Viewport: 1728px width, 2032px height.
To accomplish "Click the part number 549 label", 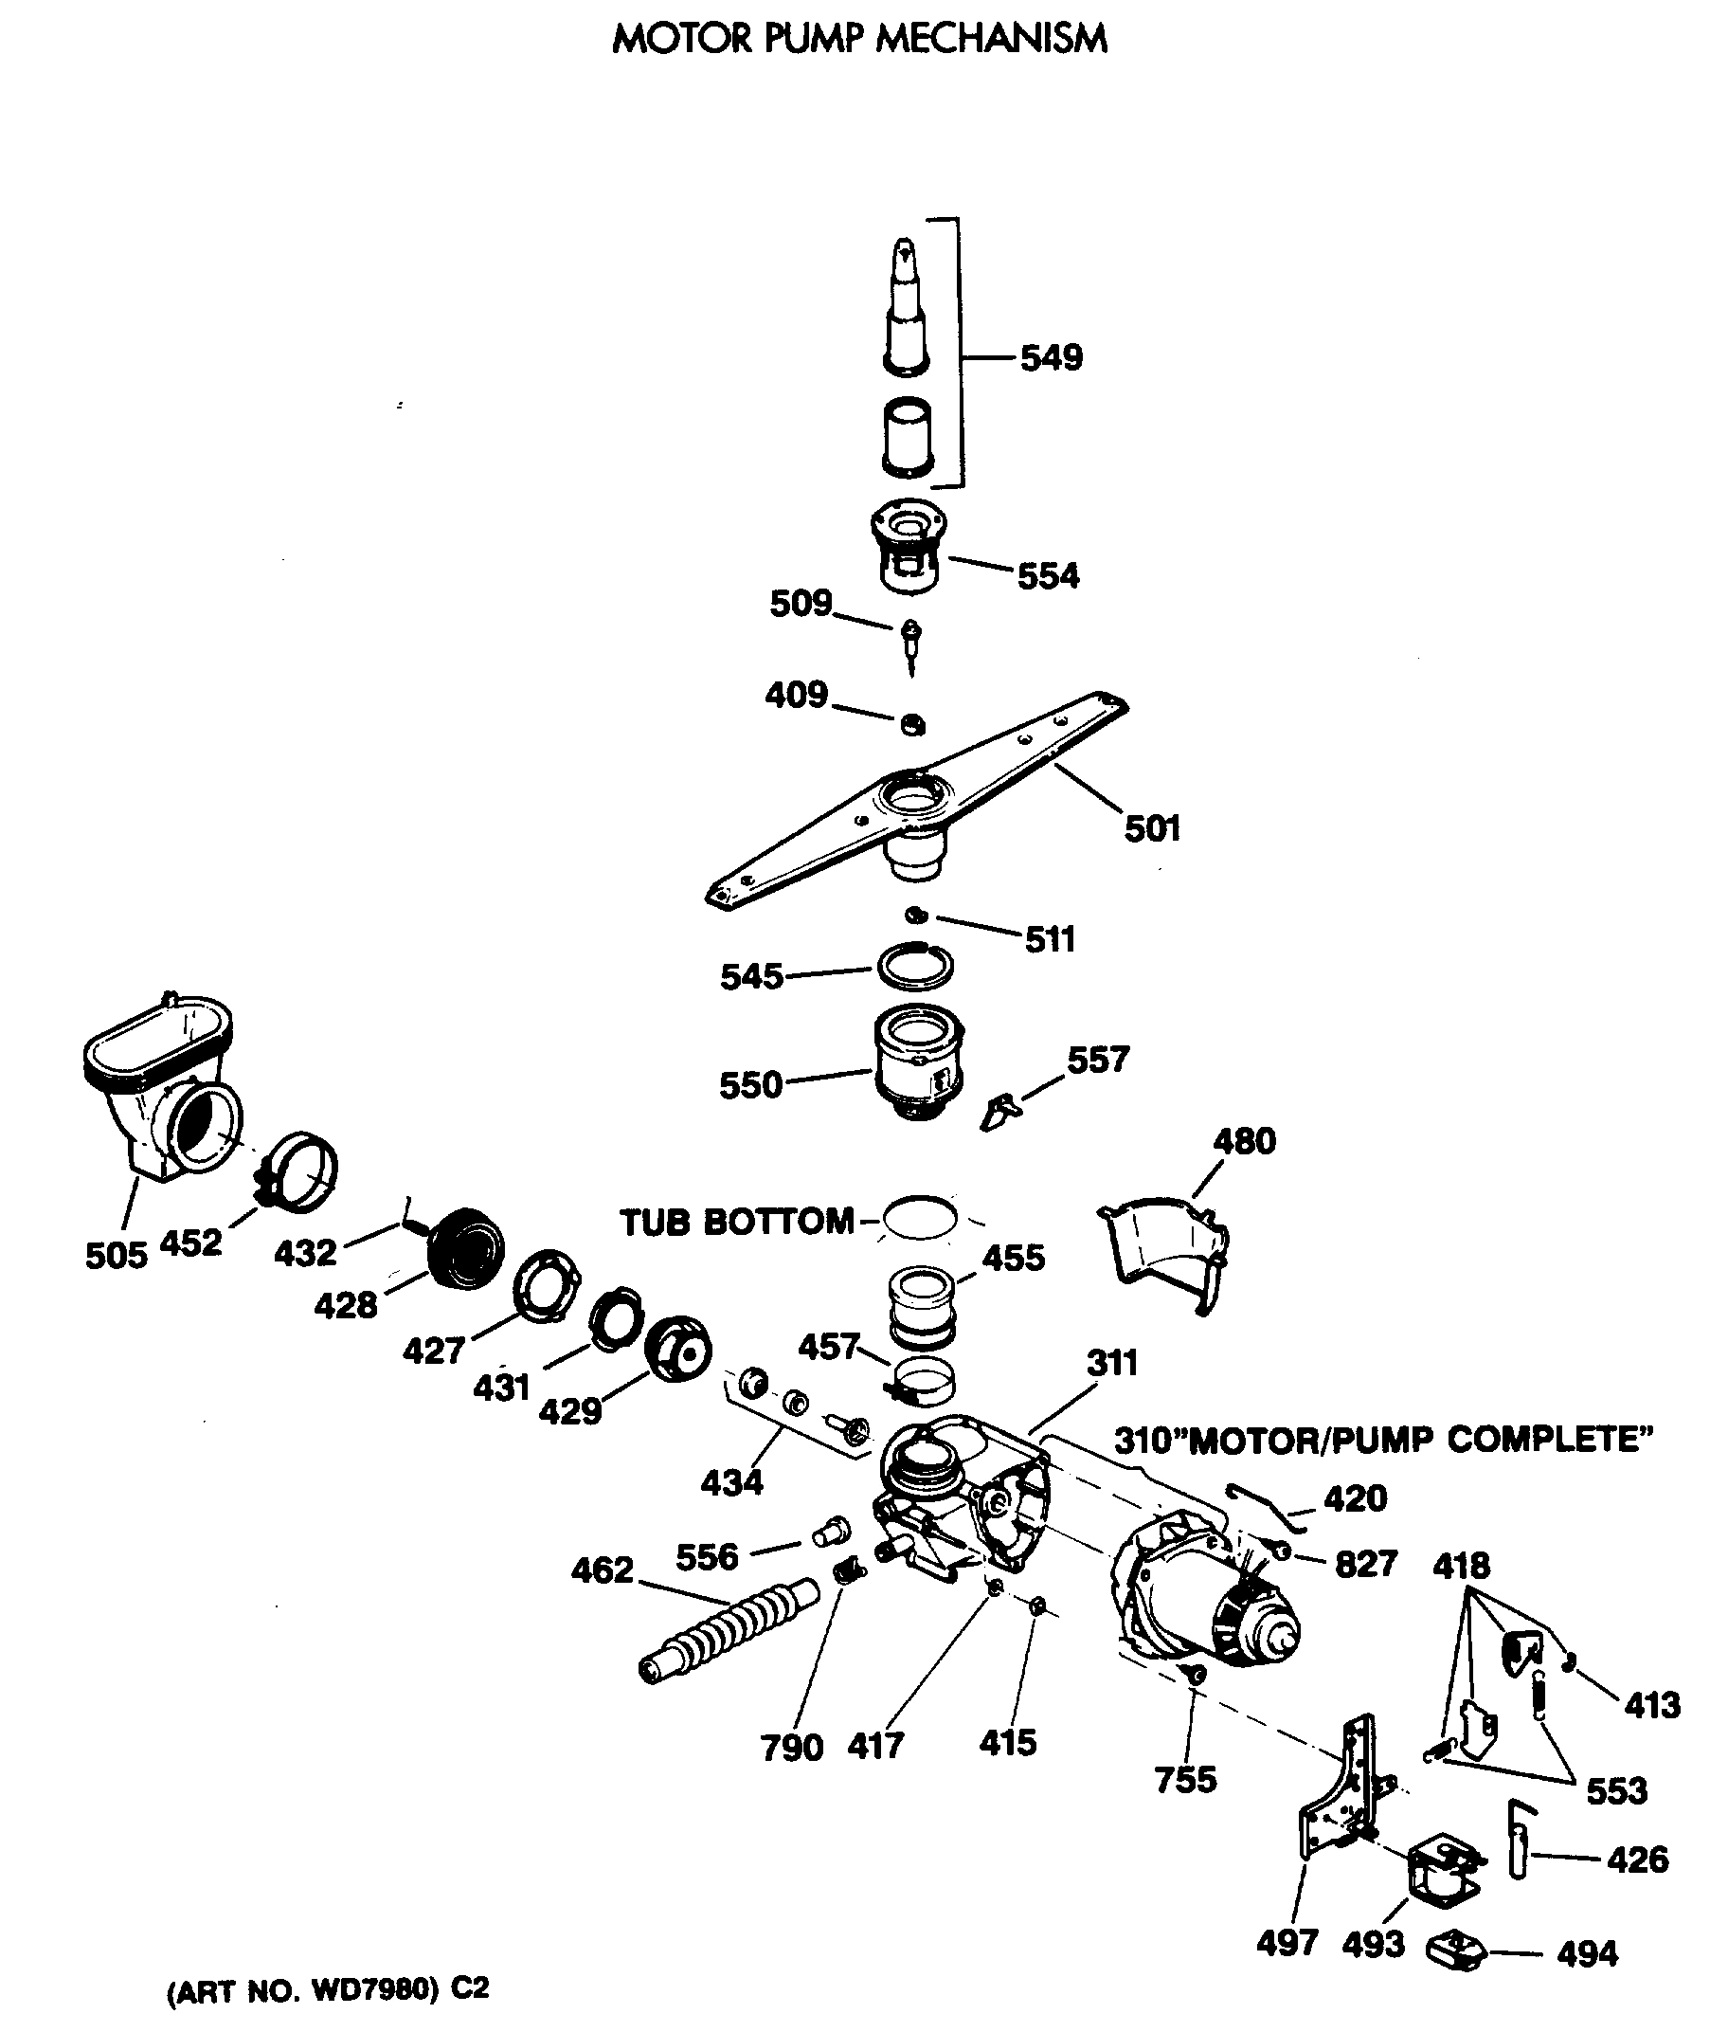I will [x=1051, y=357].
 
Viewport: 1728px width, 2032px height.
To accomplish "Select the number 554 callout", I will [x=1048, y=576].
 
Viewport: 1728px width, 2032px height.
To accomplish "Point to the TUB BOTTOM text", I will [x=737, y=1222].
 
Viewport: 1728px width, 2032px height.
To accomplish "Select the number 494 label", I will [x=1587, y=1953].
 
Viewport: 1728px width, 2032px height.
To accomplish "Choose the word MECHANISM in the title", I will [x=991, y=39].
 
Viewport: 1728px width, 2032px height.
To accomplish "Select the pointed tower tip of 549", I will [x=904, y=257].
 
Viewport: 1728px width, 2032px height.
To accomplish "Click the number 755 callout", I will [x=1185, y=1779].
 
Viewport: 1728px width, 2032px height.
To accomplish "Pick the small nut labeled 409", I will [x=912, y=724].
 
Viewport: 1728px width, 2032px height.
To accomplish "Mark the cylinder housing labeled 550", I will [x=918, y=1063].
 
